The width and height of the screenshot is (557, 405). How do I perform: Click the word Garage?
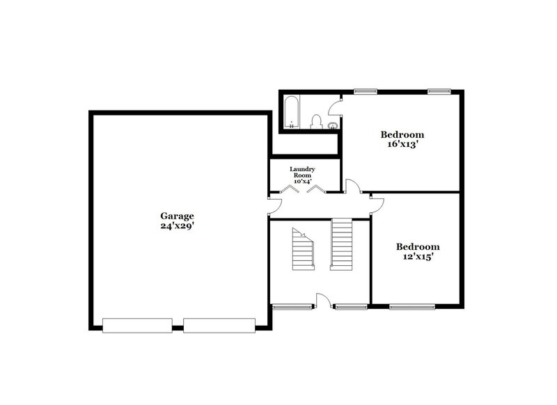177,216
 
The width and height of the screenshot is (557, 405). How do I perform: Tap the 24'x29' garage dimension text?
177,226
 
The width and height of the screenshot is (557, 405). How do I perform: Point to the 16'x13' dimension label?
402,145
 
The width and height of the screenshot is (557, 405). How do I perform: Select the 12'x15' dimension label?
418,257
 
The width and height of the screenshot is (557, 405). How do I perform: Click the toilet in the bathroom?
315,123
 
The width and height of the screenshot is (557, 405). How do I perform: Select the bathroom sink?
334,126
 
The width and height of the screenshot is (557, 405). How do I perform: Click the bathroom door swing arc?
336,106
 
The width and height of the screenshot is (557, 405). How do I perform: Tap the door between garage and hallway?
275,203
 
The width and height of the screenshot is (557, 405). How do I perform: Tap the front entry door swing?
323,300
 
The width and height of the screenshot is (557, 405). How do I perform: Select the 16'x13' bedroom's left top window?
365,90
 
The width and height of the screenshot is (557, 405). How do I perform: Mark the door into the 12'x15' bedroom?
377,202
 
